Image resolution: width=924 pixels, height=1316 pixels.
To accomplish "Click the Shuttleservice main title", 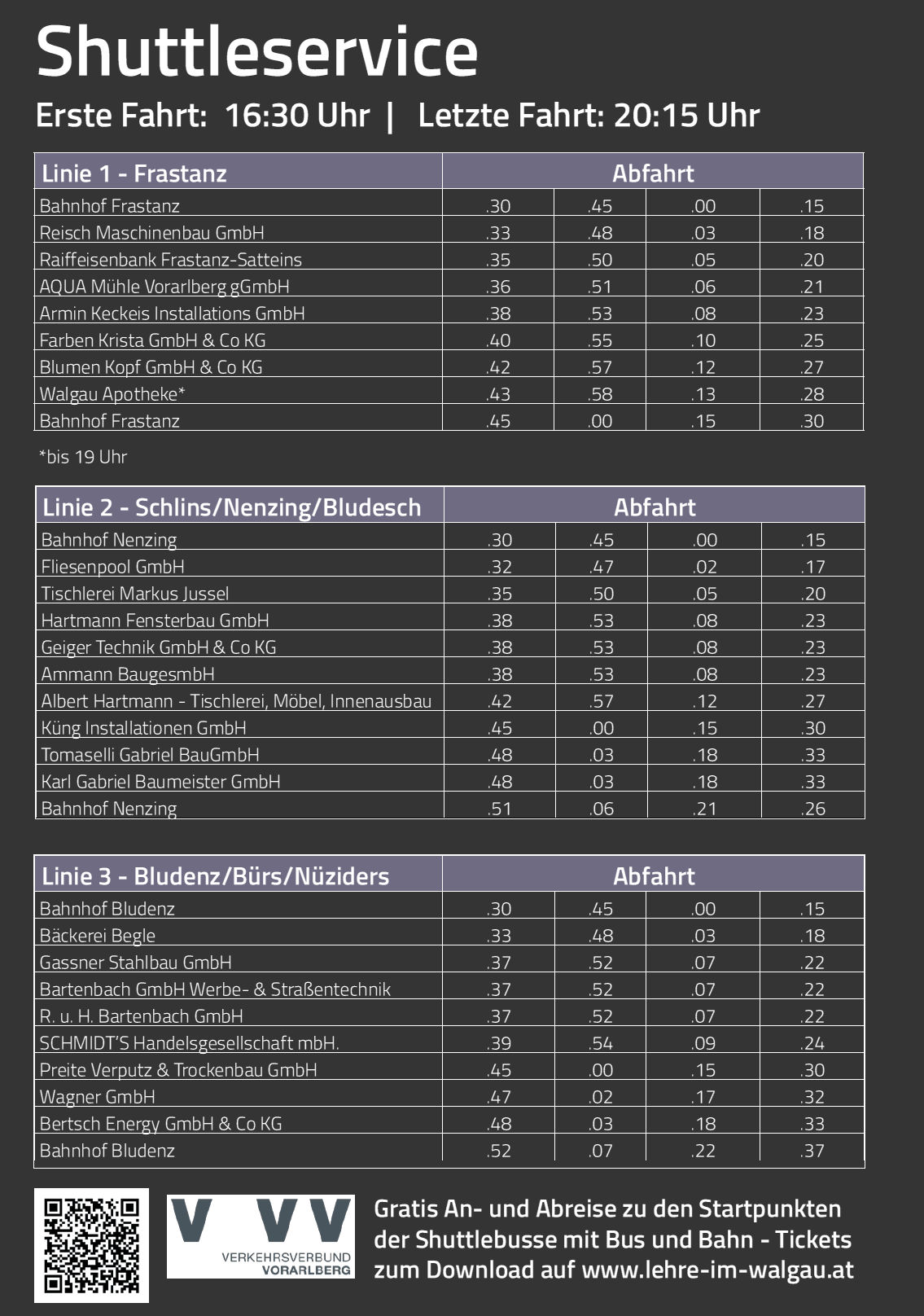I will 256,52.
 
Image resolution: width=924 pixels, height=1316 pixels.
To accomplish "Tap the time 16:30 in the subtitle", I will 257,116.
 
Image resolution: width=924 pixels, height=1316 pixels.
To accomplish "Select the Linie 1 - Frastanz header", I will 134,173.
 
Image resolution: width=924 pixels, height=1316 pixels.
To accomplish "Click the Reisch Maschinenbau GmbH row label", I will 152,233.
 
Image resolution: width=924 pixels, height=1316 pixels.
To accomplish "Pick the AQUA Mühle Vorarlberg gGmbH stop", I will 164,287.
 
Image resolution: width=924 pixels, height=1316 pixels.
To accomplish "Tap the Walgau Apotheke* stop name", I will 112,394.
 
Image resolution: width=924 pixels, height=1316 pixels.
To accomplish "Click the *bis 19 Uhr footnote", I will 83,457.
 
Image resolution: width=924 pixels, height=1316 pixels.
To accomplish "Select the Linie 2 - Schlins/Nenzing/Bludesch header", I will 232,507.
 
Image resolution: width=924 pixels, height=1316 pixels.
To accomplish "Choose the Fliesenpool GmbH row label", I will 112,567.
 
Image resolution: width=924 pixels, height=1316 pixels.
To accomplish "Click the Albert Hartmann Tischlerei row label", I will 236,701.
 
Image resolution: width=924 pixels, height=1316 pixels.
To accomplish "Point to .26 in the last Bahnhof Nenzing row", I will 812,809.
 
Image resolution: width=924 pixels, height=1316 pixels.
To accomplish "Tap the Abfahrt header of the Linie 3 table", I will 654,876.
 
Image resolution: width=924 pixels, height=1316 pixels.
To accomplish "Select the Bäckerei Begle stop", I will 98,936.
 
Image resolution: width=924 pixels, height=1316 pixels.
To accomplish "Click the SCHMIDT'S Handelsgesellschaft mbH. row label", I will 189,1043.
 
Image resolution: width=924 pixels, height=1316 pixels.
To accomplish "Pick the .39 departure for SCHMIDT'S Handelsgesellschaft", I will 498,1043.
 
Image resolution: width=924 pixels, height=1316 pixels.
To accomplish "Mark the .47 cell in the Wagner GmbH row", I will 498,1097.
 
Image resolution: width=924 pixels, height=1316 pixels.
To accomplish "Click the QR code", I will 91,1245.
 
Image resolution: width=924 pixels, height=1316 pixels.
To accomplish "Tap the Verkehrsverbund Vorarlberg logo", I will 261,1236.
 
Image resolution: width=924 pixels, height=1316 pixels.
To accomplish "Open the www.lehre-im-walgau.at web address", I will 717,1270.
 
